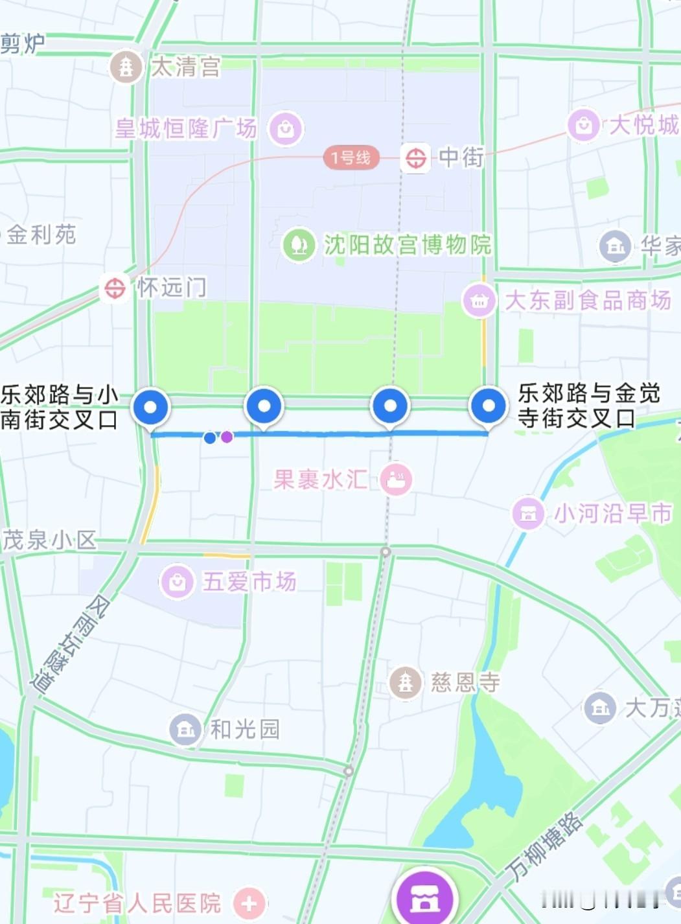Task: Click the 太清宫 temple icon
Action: pos(126,66)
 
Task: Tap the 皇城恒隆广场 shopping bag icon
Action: pos(286,129)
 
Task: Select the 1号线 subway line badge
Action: pos(351,157)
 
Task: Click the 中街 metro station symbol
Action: pos(415,157)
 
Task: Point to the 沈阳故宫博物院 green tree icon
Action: pos(299,244)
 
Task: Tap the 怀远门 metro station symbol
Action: pos(115,288)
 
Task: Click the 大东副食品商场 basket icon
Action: pos(479,300)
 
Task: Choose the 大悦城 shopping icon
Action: pos(583,124)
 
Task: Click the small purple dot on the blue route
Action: pos(227,437)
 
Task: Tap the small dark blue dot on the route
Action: pos(210,438)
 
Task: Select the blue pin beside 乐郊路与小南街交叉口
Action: pos(151,408)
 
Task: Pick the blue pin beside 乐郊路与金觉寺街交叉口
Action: pos(489,406)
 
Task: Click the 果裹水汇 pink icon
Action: pos(396,479)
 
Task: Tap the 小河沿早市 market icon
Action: pos(528,513)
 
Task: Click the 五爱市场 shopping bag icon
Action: pos(177,581)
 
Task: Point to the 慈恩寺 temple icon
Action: pos(406,682)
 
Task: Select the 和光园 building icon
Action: pos(185,729)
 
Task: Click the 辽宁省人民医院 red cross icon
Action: pos(249,903)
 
